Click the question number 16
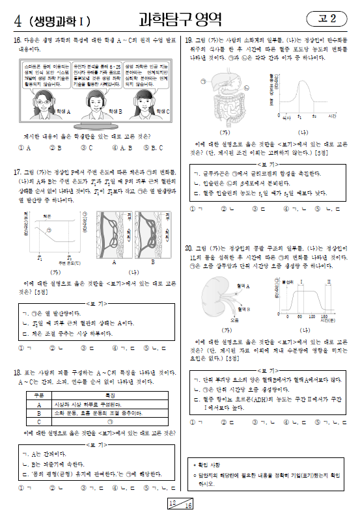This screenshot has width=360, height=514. tap(17, 40)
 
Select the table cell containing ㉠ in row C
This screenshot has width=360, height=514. tap(109, 421)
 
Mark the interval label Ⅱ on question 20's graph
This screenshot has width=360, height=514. tap(329, 280)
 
